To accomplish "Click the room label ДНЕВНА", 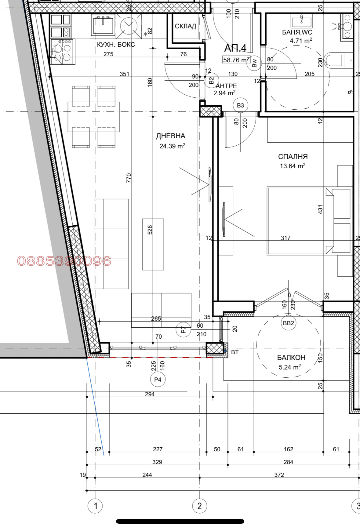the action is click(171, 136).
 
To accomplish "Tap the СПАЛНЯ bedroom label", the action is click(293, 157).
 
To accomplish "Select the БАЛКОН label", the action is click(291, 357).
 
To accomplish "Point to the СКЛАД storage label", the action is click(185, 26).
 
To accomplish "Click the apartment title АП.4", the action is click(235, 48).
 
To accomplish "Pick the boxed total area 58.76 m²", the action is click(237, 60).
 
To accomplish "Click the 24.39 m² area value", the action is click(172, 146).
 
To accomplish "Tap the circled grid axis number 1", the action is click(95, 506).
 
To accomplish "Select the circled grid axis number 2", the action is click(200, 506).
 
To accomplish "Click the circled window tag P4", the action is click(158, 380).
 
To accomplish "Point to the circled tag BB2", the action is click(289, 323).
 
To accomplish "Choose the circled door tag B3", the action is click(241, 105).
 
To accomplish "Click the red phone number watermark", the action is click(64, 261).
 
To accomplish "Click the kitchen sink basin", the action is click(104, 24).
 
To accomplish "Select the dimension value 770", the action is click(129, 178).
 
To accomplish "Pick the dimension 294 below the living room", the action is click(150, 394).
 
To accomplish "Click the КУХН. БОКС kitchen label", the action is click(116, 45).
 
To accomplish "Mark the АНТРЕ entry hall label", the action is click(226, 86).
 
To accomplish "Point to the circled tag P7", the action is click(184, 330).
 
